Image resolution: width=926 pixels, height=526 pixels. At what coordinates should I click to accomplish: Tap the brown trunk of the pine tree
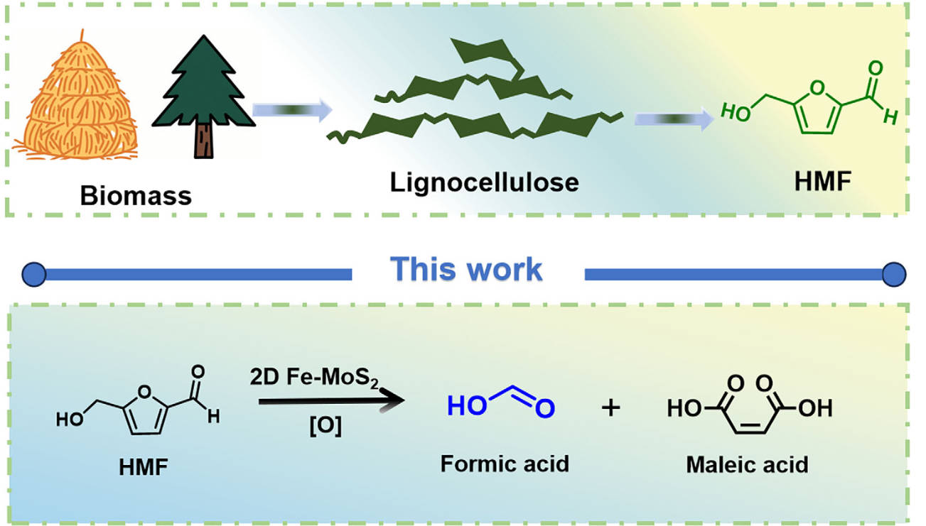pyautogui.click(x=204, y=141)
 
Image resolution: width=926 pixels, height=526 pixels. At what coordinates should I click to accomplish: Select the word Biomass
pyautogui.click(x=136, y=195)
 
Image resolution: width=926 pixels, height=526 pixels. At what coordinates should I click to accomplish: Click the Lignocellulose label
pyautogui.click(x=484, y=183)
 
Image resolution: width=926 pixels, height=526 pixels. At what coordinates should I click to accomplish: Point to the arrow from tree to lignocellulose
pyautogui.click(x=292, y=110)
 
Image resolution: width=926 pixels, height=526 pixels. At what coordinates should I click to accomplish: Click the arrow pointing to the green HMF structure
pyautogui.click(x=674, y=119)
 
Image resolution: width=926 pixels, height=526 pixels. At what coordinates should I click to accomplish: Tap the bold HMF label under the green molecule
pyautogui.click(x=823, y=181)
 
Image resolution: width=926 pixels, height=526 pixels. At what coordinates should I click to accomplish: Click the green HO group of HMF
pyautogui.click(x=736, y=112)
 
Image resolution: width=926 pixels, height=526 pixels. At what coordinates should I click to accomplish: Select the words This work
pyautogui.click(x=466, y=270)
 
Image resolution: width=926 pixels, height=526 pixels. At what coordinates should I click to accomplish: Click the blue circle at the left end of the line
pyautogui.click(x=34, y=275)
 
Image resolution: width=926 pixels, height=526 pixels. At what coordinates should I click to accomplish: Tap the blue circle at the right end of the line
pyautogui.click(x=894, y=275)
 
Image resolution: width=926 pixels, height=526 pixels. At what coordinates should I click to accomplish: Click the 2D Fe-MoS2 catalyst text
pyautogui.click(x=314, y=378)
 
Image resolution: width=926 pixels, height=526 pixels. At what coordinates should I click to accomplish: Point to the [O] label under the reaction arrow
pyautogui.click(x=325, y=426)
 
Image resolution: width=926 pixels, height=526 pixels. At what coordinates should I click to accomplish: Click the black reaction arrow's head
pyautogui.click(x=393, y=400)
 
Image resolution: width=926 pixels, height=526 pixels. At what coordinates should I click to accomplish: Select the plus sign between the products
pyautogui.click(x=610, y=408)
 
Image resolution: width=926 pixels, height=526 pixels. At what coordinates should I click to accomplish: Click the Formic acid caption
pyautogui.click(x=505, y=464)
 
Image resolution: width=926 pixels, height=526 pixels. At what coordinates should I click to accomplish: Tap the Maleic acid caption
pyautogui.click(x=748, y=465)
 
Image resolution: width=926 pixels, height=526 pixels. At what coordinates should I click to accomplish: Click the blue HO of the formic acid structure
pyautogui.click(x=467, y=406)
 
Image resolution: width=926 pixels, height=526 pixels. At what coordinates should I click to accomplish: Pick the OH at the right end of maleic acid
pyautogui.click(x=815, y=408)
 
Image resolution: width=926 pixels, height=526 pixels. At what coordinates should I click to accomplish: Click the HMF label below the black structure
pyautogui.click(x=143, y=469)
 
